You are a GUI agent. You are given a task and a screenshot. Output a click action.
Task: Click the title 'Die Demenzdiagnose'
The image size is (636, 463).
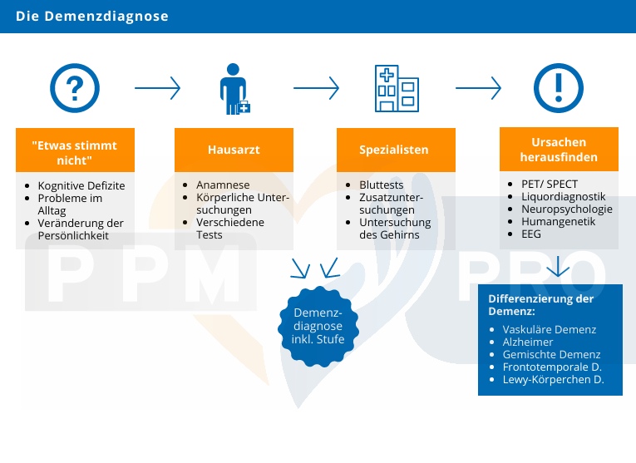91,16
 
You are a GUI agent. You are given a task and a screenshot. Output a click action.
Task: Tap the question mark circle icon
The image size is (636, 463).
75,87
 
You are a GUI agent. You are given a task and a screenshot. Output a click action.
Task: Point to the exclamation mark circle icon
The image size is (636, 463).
558,87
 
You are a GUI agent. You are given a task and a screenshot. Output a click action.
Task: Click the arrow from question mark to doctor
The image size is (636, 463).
157,87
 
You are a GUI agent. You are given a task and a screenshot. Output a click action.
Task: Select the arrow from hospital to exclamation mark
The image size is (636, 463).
478,87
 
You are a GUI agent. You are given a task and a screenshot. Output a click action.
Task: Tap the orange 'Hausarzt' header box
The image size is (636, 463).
234,150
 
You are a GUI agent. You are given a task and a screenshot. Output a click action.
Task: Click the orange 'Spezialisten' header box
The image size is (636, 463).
394,150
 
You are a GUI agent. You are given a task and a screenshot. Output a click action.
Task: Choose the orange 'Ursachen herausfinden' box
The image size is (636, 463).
558,150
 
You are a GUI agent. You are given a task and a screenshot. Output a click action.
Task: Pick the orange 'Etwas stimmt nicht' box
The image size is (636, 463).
74,151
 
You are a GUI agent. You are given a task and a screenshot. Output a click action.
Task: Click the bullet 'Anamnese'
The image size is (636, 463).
223,185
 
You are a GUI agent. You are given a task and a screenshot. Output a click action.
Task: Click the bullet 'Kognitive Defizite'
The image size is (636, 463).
81,185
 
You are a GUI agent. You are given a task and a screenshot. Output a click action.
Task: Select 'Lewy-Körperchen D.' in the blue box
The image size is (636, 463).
553,380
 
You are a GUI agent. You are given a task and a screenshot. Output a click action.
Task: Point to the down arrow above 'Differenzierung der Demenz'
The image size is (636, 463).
557,267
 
